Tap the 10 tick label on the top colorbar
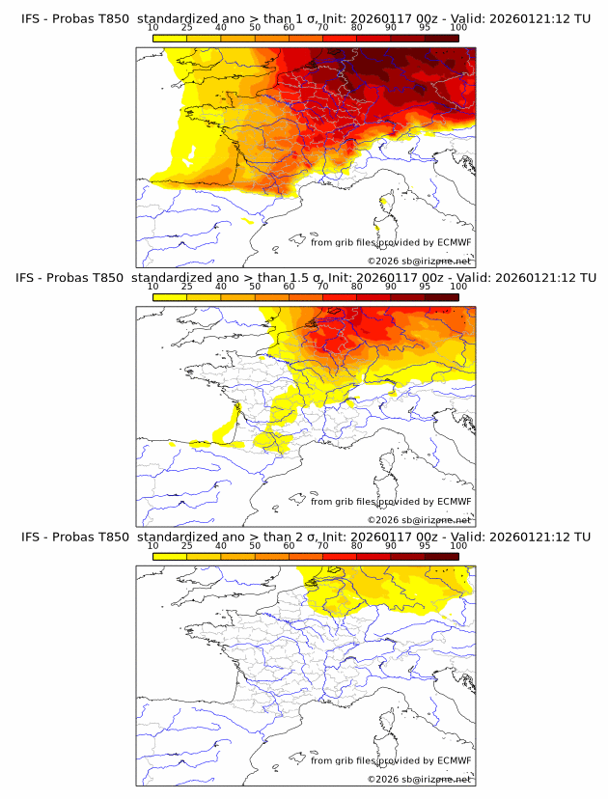click(153, 27)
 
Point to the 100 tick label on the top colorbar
click(458, 27)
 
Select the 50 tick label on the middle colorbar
click(255, 287)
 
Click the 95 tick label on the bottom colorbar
click(425, 545)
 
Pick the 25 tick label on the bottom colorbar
click(186, 545)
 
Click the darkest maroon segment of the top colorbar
click(441, 38)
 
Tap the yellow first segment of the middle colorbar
click(170, 297)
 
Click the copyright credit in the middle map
click(419, 519)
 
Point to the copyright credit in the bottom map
click(419, 778)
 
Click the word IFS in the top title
click(31, 19)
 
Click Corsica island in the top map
click(387, 204)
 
